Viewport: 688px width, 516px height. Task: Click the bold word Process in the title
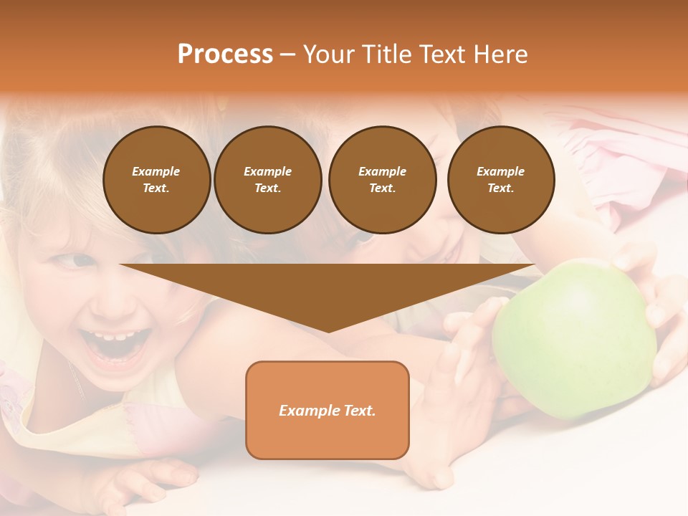pyautogui.click(x=225, y=54)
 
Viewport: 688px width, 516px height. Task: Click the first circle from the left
pyautogui.click(x=156, y=180)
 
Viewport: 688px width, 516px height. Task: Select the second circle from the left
pyautogui.click(x=268, y=180)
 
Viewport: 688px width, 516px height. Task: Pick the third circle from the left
pyautogui.click(x=382, y=180)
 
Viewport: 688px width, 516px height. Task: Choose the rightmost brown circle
pyautogui.click(x=501, y=180)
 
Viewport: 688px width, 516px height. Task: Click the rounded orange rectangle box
pyautogui.click(x=328, y=410)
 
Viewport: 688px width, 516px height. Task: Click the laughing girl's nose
pyautogui.click(x=107, y=301)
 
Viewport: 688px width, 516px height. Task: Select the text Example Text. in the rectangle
pyautogui.click(x=328, y=411)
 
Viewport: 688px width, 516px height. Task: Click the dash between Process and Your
pyautogui.click(x=287, y=54)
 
